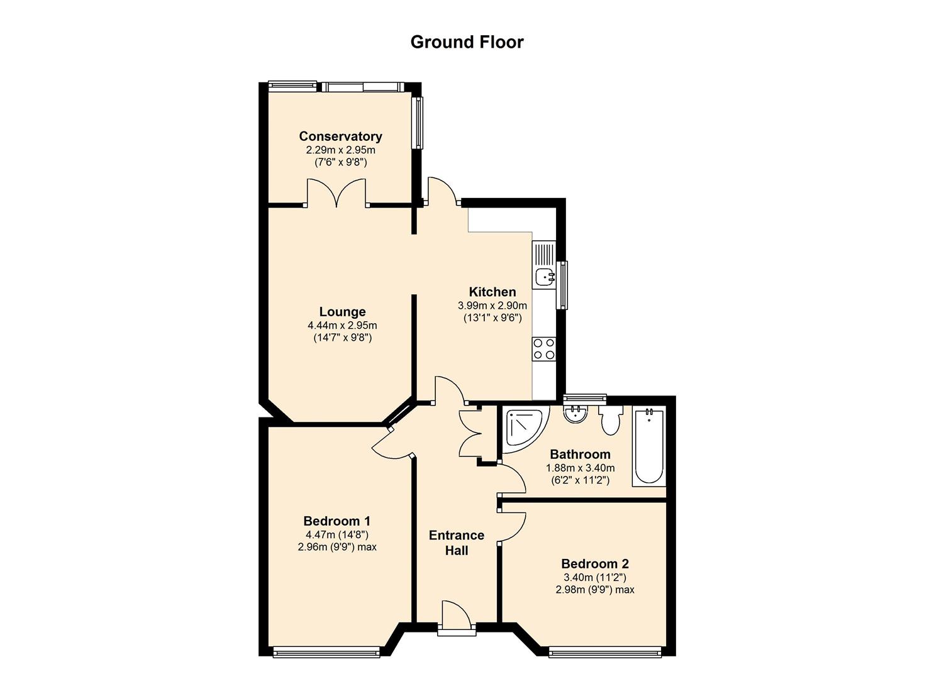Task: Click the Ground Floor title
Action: (x=467, y=42)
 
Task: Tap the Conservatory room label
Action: (x=340, y=136)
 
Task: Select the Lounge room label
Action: (x=342, y=312)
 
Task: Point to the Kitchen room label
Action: (x=492, y=292)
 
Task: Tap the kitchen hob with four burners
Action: (x=544, y=349)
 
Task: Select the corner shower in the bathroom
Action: (x=522, y=428)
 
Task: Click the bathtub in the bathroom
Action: (x=649, y=446)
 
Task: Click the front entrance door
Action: (x=456, y=616)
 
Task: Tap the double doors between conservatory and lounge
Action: (x=336, y=193)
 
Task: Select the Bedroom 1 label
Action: (x=336, y=521)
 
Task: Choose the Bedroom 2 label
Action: (x=595, y=564)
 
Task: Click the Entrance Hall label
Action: (x=457, y=543)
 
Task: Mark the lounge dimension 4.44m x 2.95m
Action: (x=342, y=326)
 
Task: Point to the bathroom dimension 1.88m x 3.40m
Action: (x=580, y=468)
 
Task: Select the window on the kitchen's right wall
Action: (x=562, y=285)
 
